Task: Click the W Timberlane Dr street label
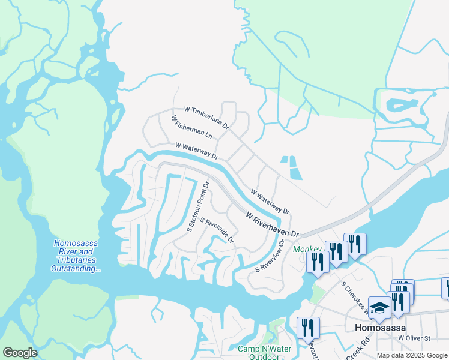[207, 118]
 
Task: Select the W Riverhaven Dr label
[272, 224]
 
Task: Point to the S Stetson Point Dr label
[198, 206]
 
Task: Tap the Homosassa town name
[380, 328]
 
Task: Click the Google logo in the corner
[20, 353]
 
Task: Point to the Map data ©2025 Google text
[412, 355]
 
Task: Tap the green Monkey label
[307, 249]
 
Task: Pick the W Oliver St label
[414, 338]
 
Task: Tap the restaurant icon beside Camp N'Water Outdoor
[308, 328]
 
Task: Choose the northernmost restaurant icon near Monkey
[355, 243]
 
